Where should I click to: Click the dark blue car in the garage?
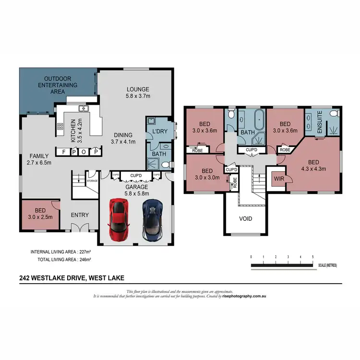(x=153, y=219)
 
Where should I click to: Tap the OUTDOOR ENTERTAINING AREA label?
(x=58, y=85)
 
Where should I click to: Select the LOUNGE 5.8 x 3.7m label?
(x=138, y=93)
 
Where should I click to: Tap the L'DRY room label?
(x=159, y=131)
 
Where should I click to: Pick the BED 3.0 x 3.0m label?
(x=207, y=174)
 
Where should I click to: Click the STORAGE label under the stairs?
(x=92, y=180)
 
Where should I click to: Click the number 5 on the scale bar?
(x=312, y=257)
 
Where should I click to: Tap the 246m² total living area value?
(x=84, y=259)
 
